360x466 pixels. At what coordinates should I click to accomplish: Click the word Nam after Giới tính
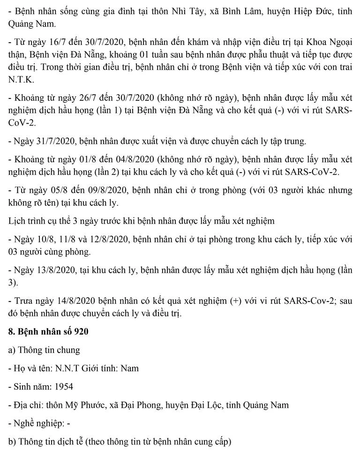(x=129, y=368)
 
